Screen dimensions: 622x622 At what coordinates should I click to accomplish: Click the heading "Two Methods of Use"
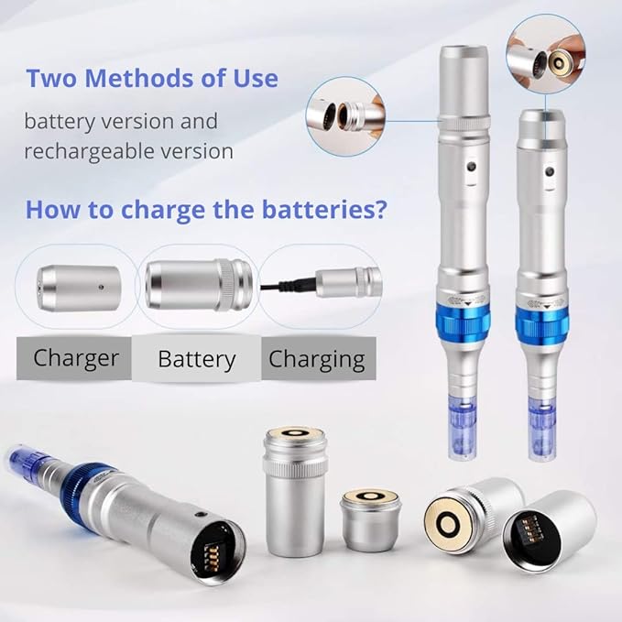click(151, 79)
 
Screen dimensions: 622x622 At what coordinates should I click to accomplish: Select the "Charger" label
click(75, 357)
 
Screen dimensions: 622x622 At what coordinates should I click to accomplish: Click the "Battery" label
click(197, 359)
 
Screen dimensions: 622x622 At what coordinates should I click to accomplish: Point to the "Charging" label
click(316, 359)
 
